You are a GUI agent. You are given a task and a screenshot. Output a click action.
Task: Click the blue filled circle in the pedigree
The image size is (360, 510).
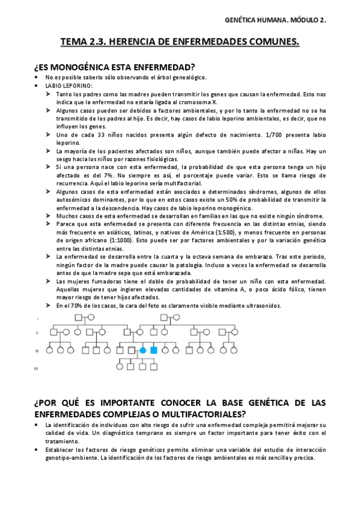click(143, 350)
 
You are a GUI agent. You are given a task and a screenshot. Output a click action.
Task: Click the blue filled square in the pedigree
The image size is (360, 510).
click(154, 350)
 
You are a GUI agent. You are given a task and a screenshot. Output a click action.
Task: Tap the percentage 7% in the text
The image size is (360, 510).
click(137, 174)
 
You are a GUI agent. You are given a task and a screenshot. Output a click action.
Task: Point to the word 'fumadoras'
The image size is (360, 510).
click(111, 281)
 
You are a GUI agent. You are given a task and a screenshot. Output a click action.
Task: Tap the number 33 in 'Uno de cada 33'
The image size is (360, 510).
click(102, 136)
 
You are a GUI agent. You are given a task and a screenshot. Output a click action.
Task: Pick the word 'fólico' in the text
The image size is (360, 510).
click(273, 290)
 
